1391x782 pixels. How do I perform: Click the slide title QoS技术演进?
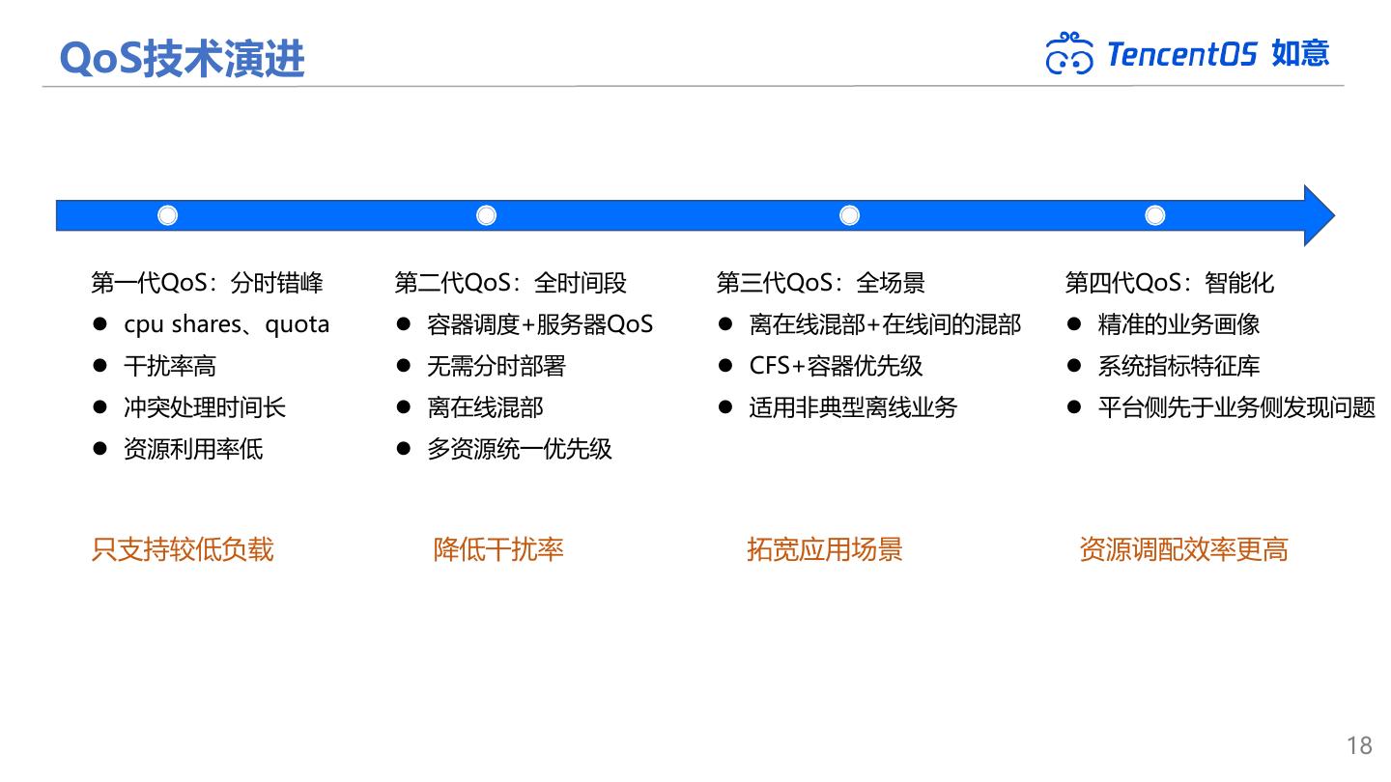[x=182, y=58]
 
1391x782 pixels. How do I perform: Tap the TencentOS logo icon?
[x=1069, y=53]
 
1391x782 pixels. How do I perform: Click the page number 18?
[x=1359, y=745]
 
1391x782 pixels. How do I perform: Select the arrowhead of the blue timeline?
[x=1318, y=215]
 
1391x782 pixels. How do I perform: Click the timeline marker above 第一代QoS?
[x=168, y=215]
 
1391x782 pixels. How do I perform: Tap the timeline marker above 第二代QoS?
[x=487, y=215]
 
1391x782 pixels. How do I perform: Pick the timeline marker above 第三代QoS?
[x=849, y=215]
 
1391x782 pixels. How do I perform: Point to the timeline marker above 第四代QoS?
[x=1155, y=215]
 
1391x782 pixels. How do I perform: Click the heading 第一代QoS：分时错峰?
[x=207, y=283]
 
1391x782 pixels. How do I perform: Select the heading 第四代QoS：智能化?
[x=1169, y=283]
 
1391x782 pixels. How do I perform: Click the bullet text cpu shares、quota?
[x=226, y=324]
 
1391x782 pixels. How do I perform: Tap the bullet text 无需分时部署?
[x=496, y=366]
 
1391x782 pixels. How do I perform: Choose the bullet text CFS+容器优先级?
[x=836, y=366]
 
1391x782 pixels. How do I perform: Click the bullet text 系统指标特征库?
[x=1178, y=366]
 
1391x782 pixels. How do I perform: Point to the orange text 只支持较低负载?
[x=183, y=549]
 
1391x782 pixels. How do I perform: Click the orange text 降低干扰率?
[x=498, y=549]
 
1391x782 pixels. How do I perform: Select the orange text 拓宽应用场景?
[x=824, y=549]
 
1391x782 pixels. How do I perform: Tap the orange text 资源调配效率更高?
[x=1183, y=549]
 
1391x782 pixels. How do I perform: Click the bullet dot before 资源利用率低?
[x=99, y=449]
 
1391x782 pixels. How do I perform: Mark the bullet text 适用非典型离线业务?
[x=853, y=407]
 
